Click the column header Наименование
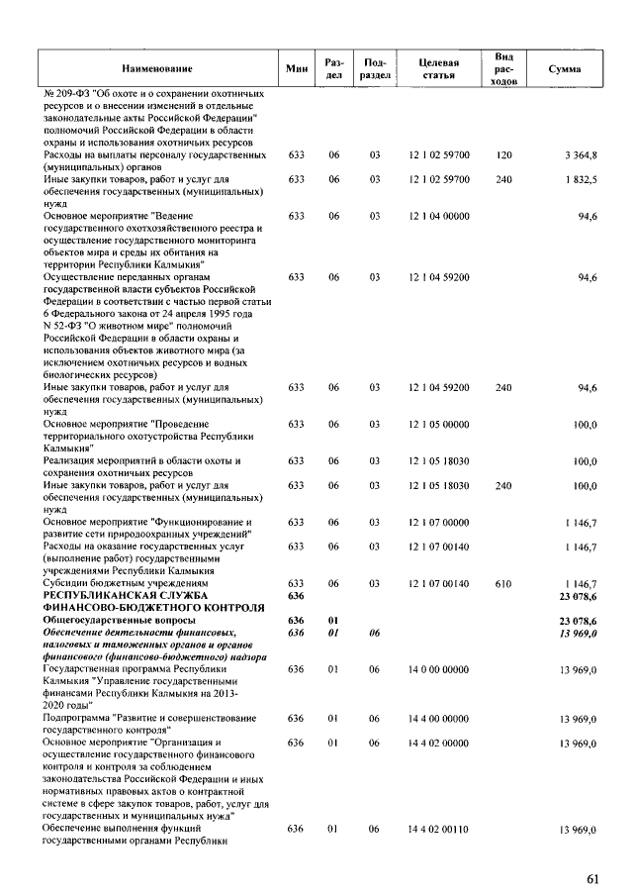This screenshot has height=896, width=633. [157, 68]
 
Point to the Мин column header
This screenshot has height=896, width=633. [295, 68]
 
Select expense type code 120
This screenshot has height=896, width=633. [503, 155]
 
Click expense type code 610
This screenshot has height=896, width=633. [503, 585]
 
